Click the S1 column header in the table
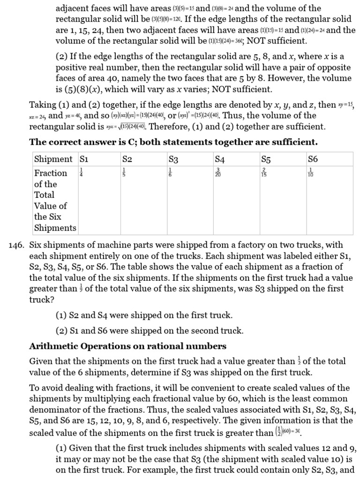[84, 159]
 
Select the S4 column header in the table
[220, 159]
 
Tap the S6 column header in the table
[313, 159]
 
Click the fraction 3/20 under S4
[218, 173]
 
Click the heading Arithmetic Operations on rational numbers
[128, 346]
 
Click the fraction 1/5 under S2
[124, 173]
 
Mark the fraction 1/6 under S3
[171, 173]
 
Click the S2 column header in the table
[127, 159]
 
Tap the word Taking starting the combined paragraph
[43, 104]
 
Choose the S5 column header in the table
[267, 159]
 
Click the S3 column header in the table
[173, 159]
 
